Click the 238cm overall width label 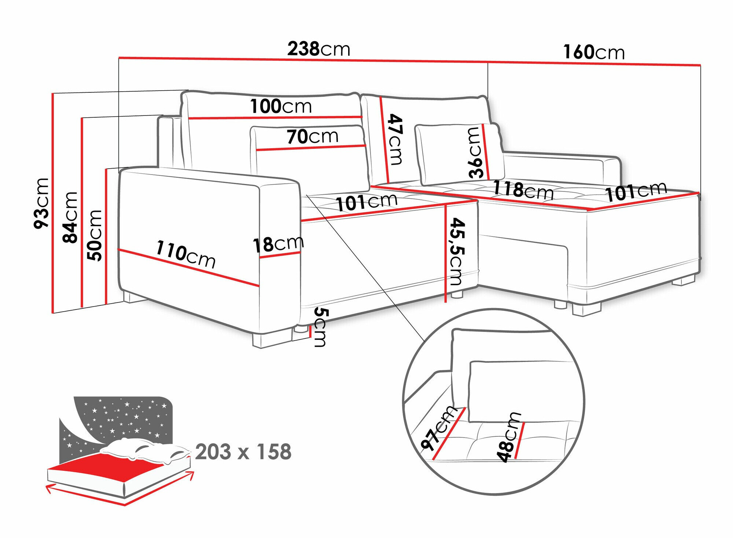click(x=318, y=49)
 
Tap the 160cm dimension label click(x=594, y=52)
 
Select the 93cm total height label click(x=41, y=203)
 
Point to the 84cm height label click(x=70, y=217)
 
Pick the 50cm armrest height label click(x=95, y=235)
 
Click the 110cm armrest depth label click(x=185, y=254)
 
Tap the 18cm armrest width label click(x=278, y=244)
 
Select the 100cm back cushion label click(x=281, y=106)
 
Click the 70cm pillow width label click(x=312, y=136)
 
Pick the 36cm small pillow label click(x=476, y=153)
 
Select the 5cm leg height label click(x=320, y=327)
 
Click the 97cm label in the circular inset click(x=438, y=428)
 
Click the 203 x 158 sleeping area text click(x=243, y=452)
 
